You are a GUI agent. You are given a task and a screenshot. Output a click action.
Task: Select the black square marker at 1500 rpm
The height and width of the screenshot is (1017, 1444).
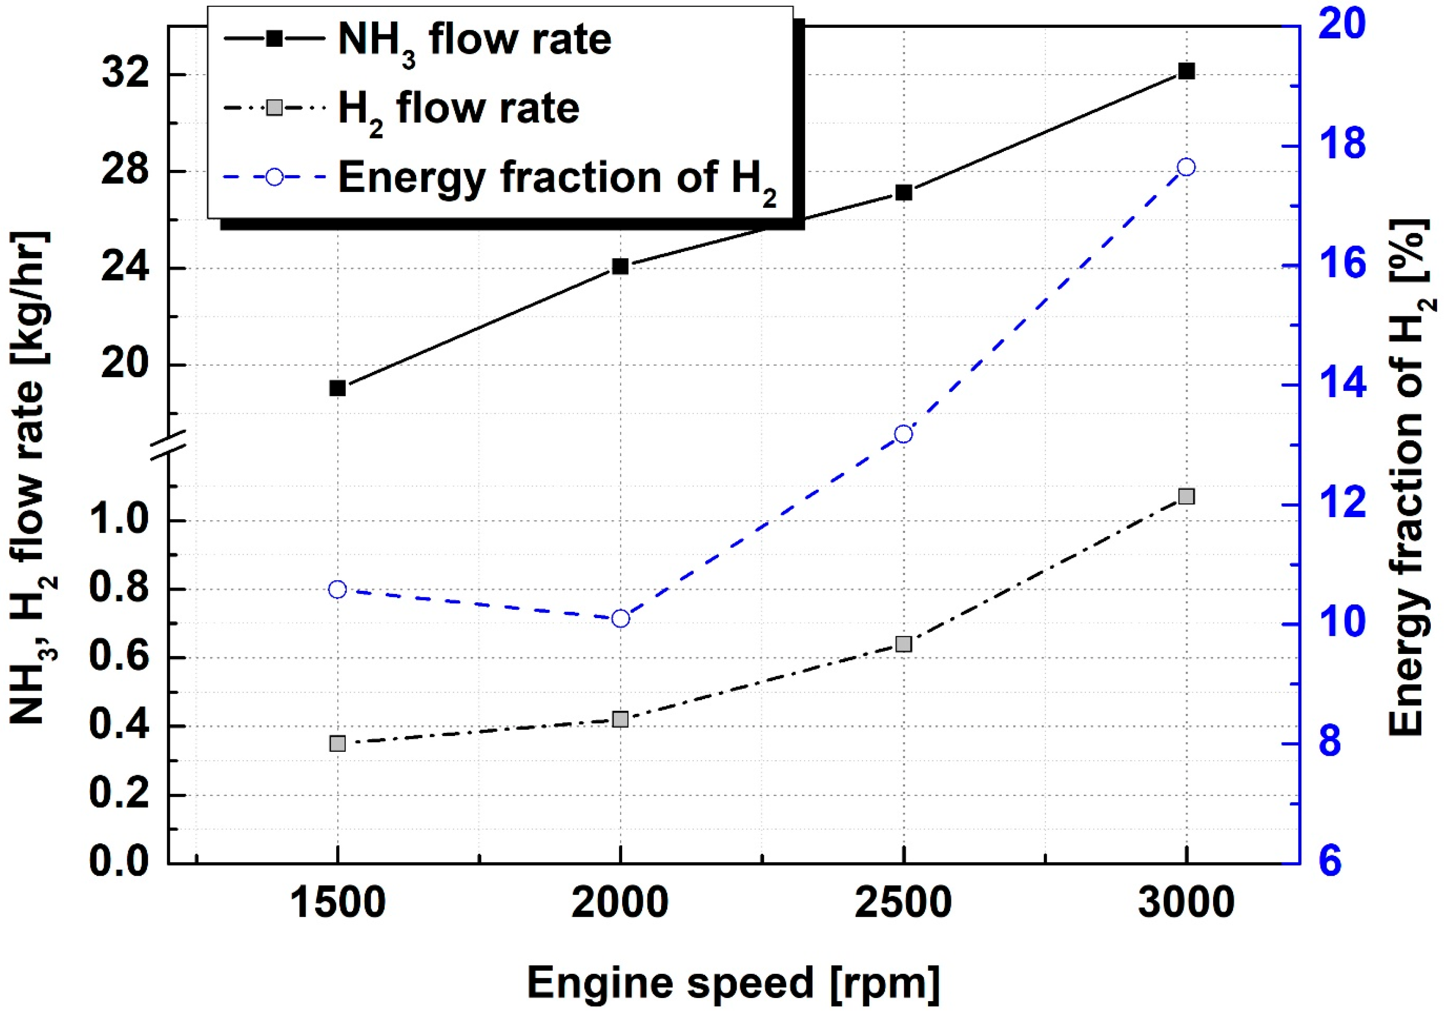point(338,388)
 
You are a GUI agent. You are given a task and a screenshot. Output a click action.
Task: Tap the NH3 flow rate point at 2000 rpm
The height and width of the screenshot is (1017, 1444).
point(620,266)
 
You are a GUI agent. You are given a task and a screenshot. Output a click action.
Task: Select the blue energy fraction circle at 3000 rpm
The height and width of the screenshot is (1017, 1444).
point(1186,167)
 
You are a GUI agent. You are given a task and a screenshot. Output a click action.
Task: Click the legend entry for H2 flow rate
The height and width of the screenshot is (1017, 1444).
point(459,108)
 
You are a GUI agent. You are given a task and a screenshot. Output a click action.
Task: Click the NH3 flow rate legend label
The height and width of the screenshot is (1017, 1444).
point(475,40)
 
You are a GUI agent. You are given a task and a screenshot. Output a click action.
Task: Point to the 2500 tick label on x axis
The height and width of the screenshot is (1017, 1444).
point(903,903)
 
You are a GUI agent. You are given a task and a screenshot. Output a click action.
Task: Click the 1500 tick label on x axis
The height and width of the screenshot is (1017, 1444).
point(338,903)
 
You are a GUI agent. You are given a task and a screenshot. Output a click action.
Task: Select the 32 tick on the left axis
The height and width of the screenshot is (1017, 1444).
point(125,74)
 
